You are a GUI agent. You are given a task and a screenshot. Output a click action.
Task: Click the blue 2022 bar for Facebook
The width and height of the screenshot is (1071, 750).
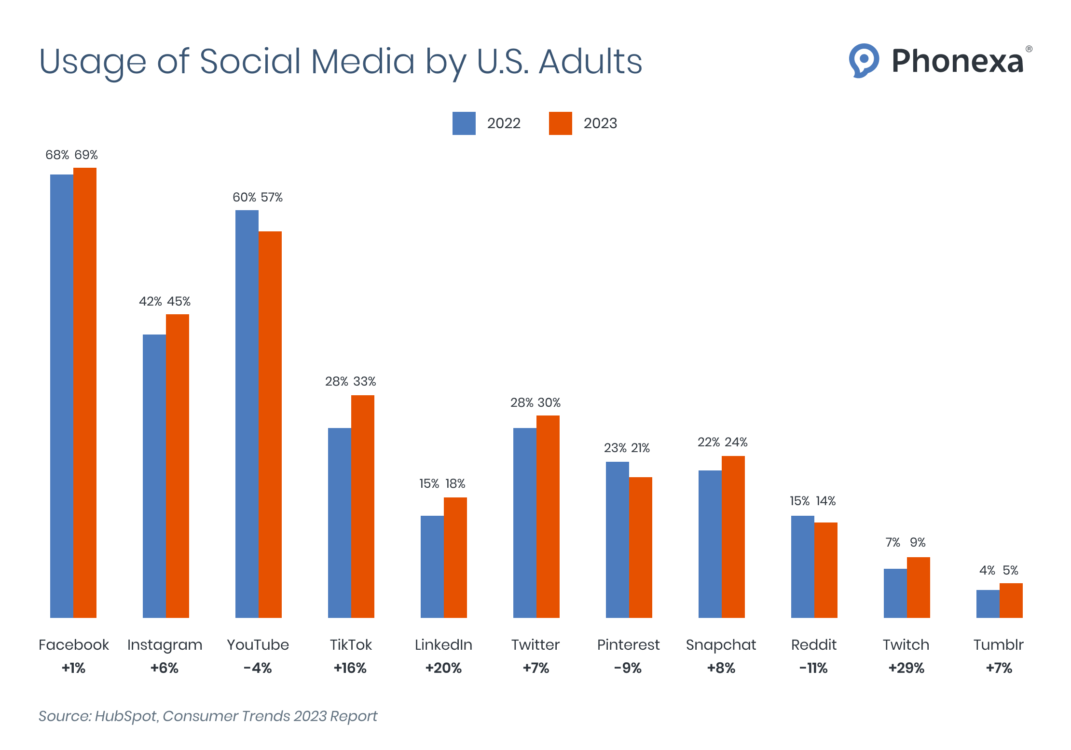tap(62, 395)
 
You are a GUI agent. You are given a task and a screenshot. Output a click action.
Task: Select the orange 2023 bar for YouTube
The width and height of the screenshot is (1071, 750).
tap(270, 424)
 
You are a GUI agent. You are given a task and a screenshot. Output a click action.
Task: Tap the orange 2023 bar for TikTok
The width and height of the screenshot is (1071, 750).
tap(363, 506)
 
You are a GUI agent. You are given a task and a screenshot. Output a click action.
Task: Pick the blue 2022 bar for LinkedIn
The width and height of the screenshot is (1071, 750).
tap(432, 566)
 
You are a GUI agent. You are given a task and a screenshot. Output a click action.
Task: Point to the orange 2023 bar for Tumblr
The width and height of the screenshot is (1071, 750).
tap(1011, 600)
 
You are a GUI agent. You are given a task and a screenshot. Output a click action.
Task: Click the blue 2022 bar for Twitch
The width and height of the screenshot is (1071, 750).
tap(895, 593)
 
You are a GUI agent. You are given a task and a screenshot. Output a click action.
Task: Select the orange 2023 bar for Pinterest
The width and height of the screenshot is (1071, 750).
tap(641, 547)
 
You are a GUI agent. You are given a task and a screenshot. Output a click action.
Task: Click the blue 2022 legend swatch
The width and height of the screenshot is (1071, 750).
tap(464, 123)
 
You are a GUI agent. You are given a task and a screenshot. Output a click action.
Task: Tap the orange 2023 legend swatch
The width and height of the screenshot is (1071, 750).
tap(560, 123)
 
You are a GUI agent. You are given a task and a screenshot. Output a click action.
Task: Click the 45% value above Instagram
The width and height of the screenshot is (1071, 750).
tap(178, 301)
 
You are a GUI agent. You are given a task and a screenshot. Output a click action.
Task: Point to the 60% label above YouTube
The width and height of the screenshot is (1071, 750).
tap(244, 197)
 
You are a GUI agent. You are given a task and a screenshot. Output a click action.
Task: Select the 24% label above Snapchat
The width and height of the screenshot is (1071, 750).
tap(736, 442)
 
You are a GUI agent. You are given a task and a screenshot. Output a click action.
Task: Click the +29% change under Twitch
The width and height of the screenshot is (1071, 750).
tap(906, 668)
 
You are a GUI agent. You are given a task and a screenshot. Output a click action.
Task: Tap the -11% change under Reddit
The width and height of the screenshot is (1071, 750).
tap(813, 668)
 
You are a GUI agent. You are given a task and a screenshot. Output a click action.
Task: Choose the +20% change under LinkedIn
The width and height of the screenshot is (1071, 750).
tap(443, 668)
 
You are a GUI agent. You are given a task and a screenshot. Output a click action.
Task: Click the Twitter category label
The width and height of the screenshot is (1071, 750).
tap(535, 644)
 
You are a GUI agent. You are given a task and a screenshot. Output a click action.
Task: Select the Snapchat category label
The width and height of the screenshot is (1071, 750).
tap(721, 645)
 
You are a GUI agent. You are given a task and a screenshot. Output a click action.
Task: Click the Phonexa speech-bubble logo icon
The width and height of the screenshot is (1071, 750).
tap(864, 60)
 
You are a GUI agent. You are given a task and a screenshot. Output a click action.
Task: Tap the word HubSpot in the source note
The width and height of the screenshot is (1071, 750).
tap(126, 716)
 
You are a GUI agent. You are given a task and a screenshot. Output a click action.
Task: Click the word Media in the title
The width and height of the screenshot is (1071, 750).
tap(363, 61)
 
